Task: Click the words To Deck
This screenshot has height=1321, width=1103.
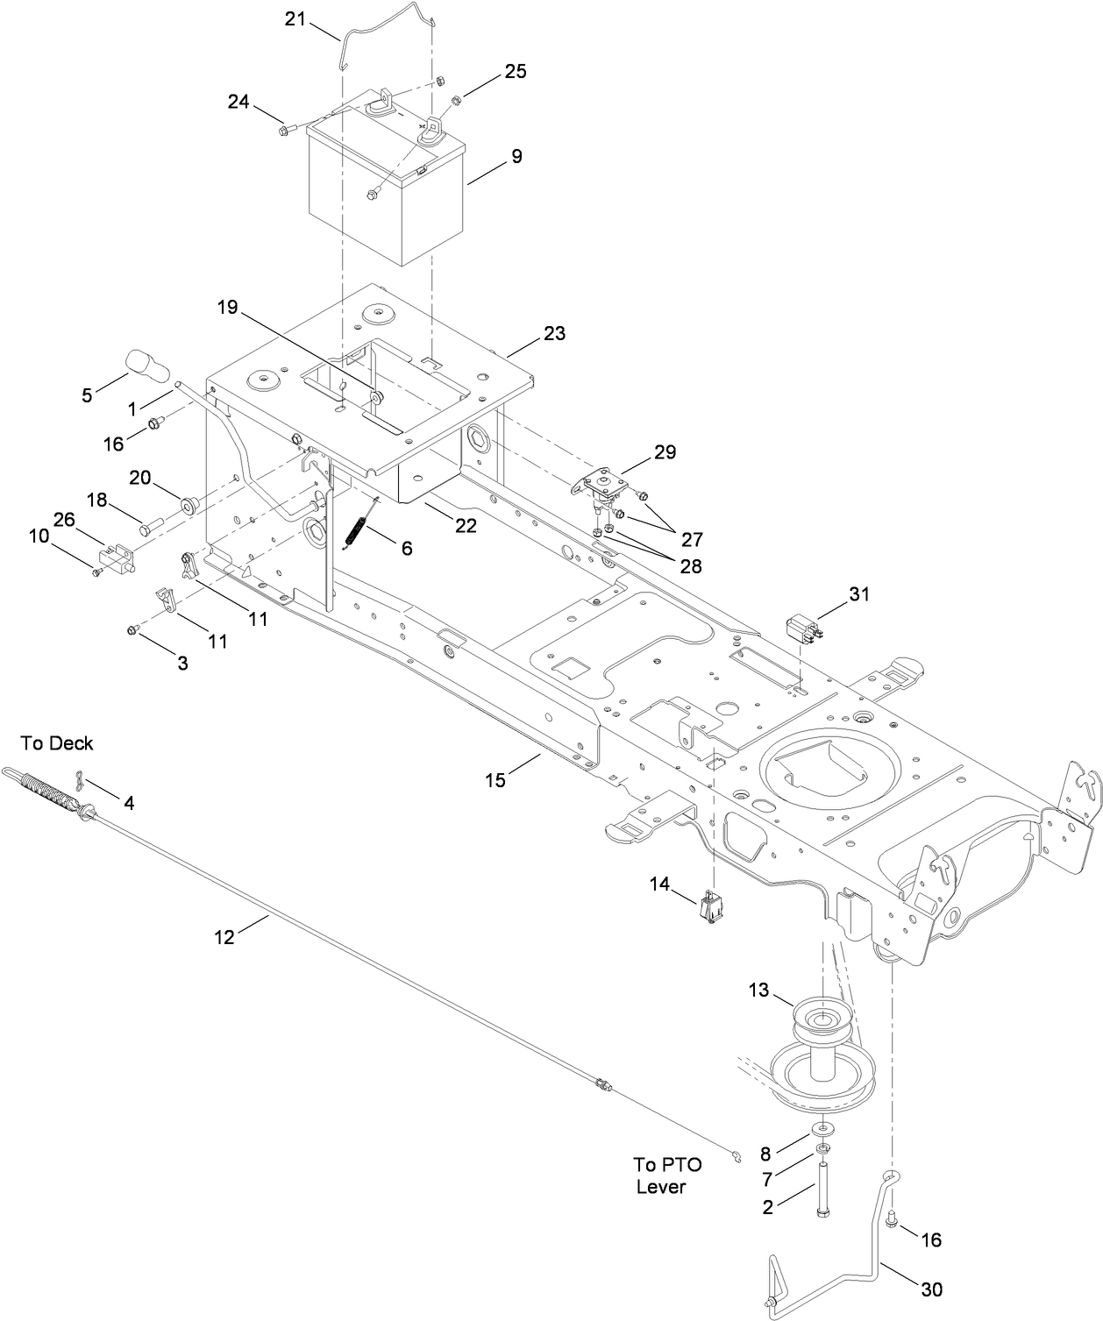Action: pos(57,743)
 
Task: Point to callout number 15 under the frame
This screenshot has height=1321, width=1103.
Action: pos(495,779)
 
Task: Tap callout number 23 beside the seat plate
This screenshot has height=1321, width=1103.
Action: pos(554,334)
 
